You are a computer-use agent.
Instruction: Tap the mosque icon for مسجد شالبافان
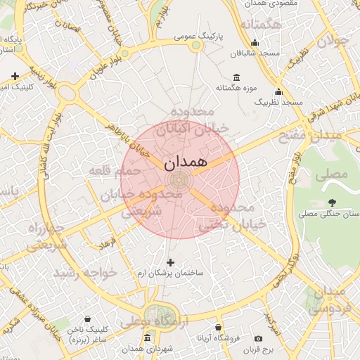click(x=254, y=43)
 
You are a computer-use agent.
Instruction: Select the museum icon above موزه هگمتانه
click(x=235, y=77)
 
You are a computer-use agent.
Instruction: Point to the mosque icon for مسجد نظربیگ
click(x=278, y=91)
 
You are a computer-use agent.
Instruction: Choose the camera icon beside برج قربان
click(x=259, y=338)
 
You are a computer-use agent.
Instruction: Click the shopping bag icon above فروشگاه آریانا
click(x=219, y=328)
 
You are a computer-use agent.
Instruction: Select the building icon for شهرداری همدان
click(x=147, y=338)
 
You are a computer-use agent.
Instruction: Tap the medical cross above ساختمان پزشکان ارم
click(x=169, y=262)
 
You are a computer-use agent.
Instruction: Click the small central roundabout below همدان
click(x=180, y=180)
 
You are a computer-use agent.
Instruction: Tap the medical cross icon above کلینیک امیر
click(x=15, y=76)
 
